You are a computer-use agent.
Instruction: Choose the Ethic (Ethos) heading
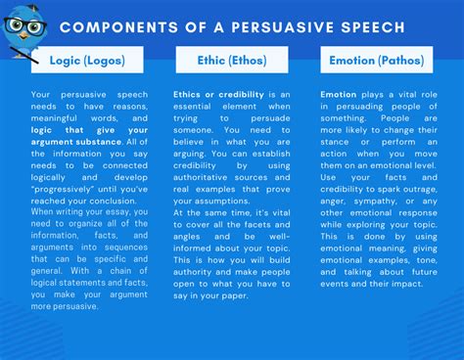[x=232, y=61]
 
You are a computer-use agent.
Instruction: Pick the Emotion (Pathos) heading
[x=376, y=61]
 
